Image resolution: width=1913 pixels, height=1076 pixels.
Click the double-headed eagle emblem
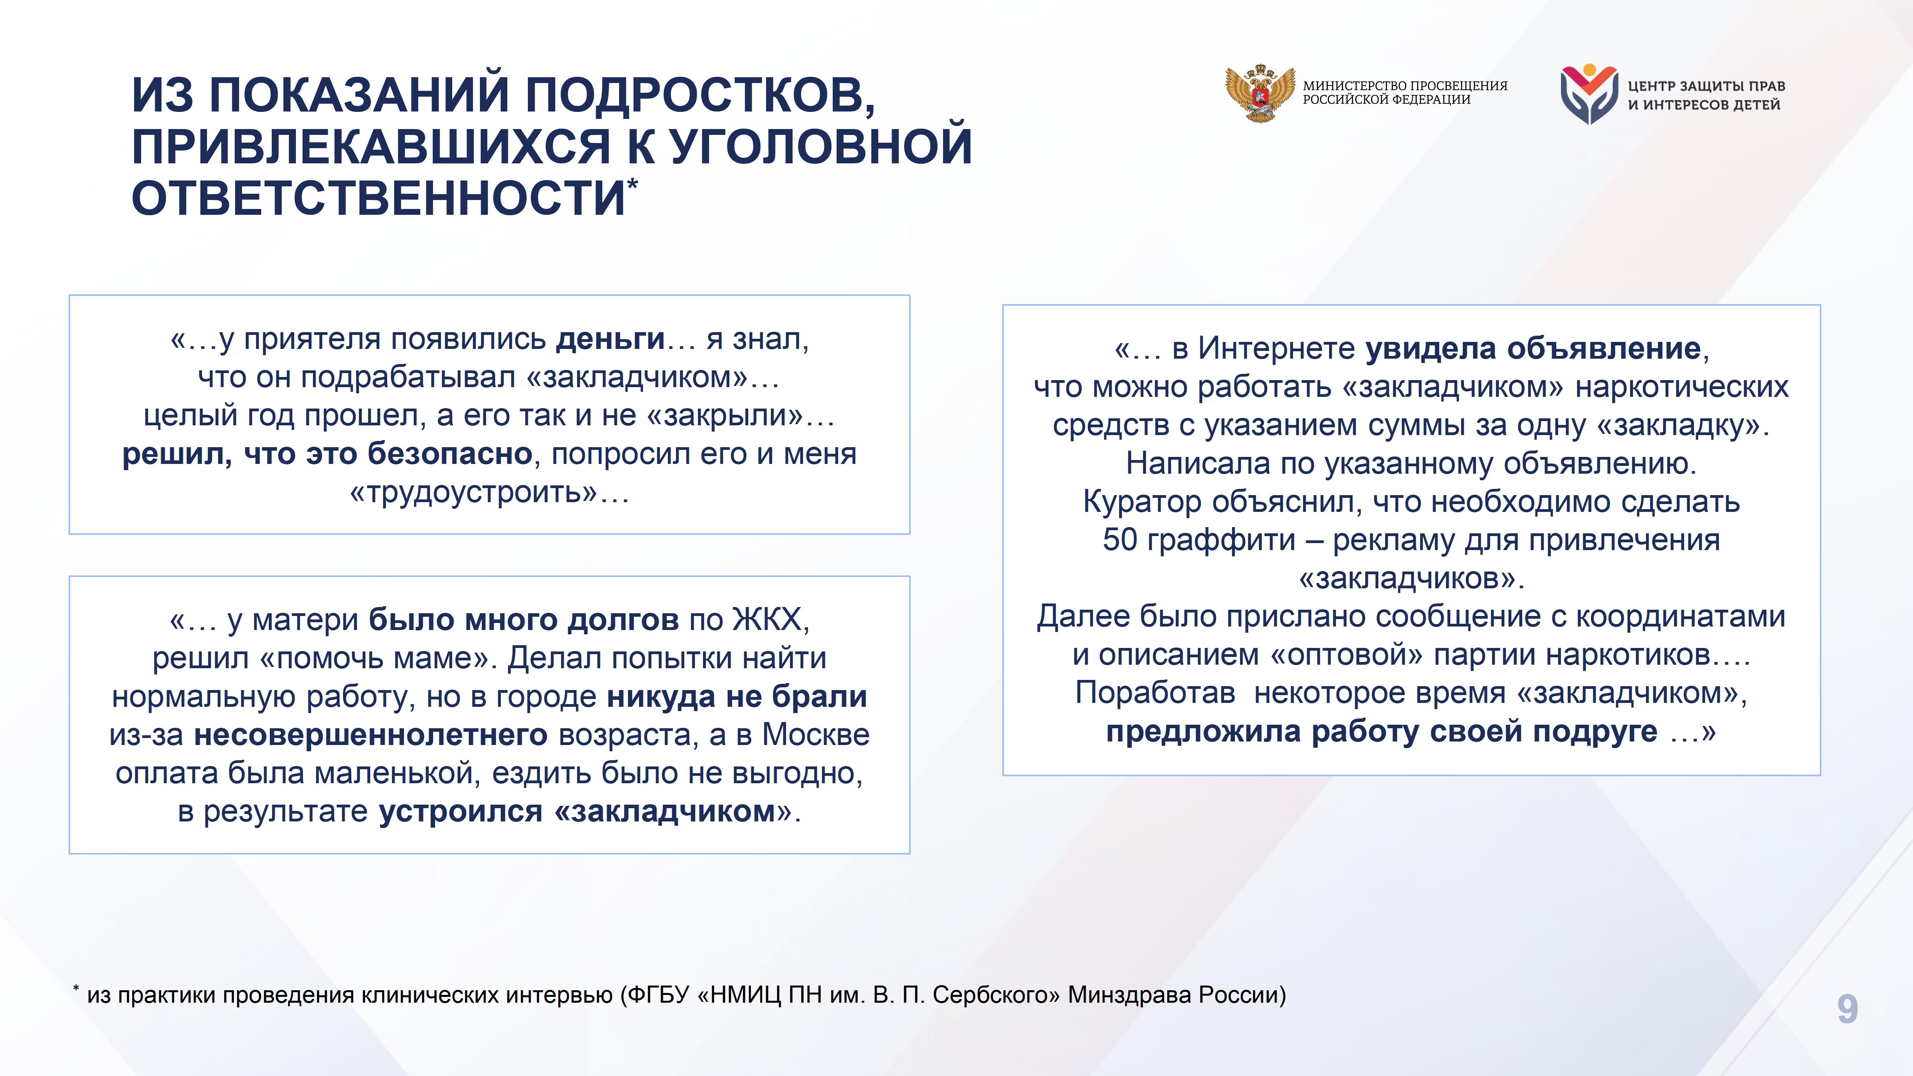[x=1260, y=93]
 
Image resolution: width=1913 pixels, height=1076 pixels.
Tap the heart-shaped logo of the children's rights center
[x=1589, y=94]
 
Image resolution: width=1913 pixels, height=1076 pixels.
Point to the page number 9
[x=1848, y=1009]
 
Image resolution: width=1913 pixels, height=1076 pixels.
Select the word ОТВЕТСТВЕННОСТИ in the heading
[x=379, y=198]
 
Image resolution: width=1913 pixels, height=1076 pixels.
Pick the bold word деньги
[x=611, y=339]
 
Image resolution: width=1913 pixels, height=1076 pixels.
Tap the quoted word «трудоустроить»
[x=473, y=492]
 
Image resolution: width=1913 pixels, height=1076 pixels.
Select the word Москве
[x=816, y=734]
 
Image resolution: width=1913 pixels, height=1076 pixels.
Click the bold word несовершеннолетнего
[x=371, y=734]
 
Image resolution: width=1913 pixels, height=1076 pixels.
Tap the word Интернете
[x=1277, y=348]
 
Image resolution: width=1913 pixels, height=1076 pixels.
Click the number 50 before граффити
[x=1120, y=540]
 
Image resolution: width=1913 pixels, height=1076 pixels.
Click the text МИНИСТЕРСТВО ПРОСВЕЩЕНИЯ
[x=1405, y=85]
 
